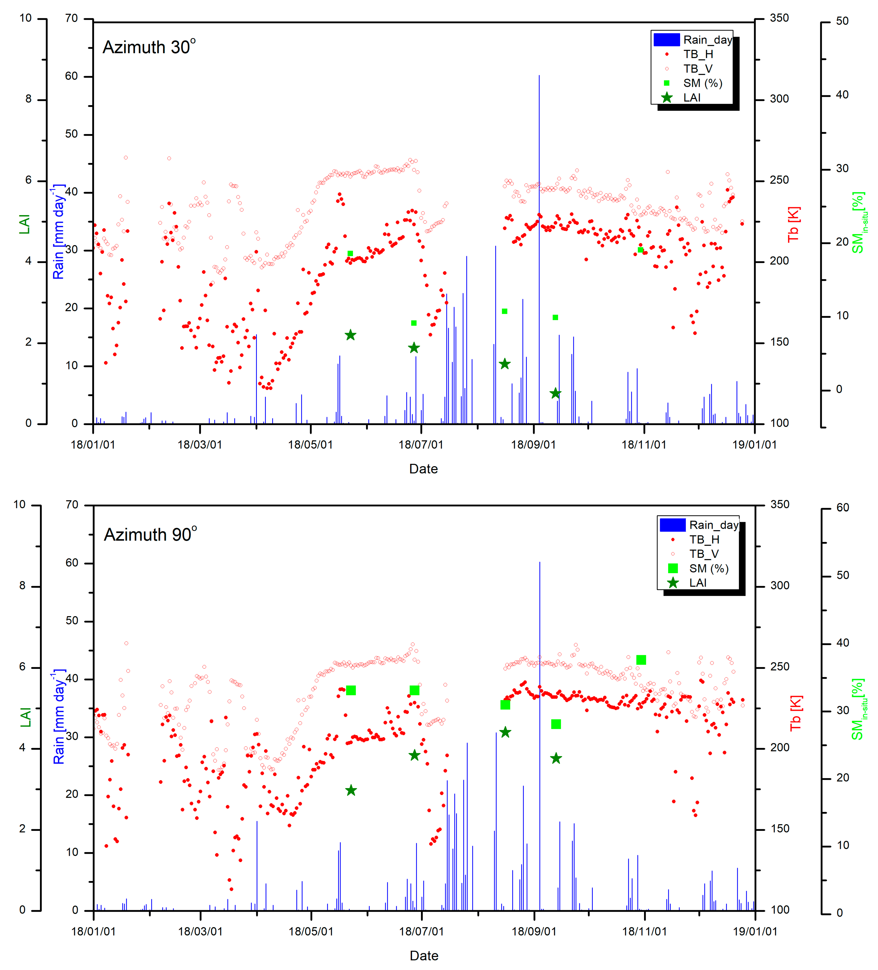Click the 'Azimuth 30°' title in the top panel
click(x=149, y=47)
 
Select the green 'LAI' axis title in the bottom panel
click(x=25, y=717)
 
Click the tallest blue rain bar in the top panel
click(x=539, y=241)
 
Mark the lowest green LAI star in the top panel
click(x=555, y=393)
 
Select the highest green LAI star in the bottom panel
click(x=505, y=732)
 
